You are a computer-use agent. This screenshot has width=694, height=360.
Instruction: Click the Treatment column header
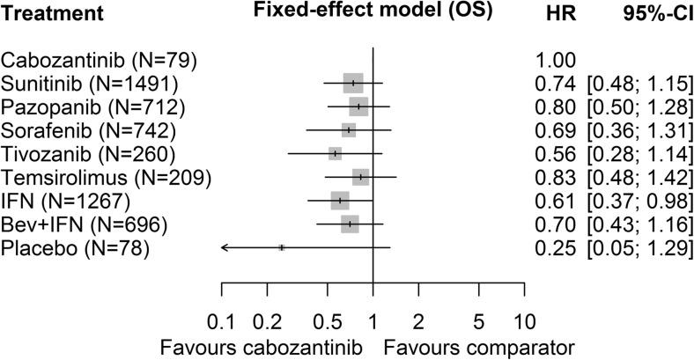click(52, 15)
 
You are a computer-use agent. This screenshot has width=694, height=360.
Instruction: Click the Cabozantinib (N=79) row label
click(99, 61)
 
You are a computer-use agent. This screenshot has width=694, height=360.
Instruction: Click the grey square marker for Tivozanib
click(335, 154)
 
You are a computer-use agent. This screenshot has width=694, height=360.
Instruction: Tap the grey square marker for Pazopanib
click(358, 107)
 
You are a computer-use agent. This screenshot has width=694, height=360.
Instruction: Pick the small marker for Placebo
click(281, 248)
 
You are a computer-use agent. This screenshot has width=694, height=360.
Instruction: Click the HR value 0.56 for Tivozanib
click(554, 154)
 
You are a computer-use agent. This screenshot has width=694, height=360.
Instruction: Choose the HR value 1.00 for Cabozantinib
click(554, 61)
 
